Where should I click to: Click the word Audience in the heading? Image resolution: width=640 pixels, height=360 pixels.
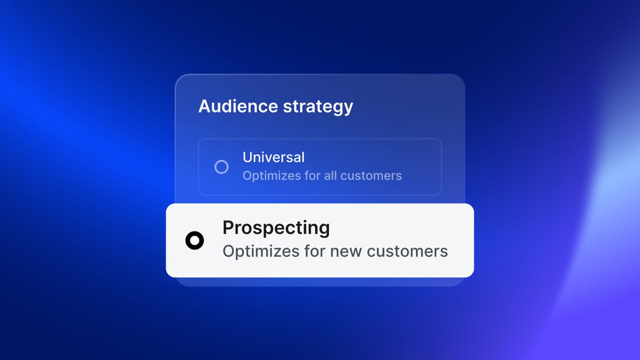coord(238,106)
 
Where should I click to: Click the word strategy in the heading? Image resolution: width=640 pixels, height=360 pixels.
coord(318,108)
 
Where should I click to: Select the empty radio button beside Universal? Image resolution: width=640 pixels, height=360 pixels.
coord(221,167)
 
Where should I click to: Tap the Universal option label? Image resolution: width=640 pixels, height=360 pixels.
coord(274,157)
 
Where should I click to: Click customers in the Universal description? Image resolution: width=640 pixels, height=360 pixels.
coord(371,176)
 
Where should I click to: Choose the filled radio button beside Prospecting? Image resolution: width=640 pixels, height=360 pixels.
coord(195,241)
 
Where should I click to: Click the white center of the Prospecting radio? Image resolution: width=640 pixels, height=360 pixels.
coord(195,241)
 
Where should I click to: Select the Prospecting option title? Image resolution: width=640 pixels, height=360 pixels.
coord(276,228)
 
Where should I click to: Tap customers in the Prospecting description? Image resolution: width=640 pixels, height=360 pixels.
coord(407,252)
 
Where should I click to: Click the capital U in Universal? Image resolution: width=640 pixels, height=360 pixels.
coord(247,157)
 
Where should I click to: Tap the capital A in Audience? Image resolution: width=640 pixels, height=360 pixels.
coord(205,106)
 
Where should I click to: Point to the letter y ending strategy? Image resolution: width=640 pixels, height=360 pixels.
coord(348,109)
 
